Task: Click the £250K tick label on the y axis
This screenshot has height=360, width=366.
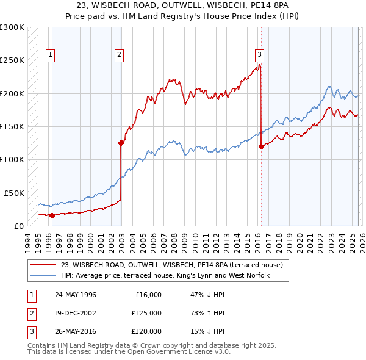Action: tap(12, 60)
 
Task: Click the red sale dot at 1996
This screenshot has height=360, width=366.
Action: tap(52, 215)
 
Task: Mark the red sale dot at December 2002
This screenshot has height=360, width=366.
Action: tap(121, 143)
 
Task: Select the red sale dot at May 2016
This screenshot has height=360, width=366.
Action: tap(262, 146)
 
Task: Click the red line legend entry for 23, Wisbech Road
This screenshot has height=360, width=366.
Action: tap(171, 265)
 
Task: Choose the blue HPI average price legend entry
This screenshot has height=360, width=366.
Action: tap(165, 275)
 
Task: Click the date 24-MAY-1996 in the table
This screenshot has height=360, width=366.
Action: tap(76, 295)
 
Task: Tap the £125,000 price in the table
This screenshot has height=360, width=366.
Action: tap(146, 313)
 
